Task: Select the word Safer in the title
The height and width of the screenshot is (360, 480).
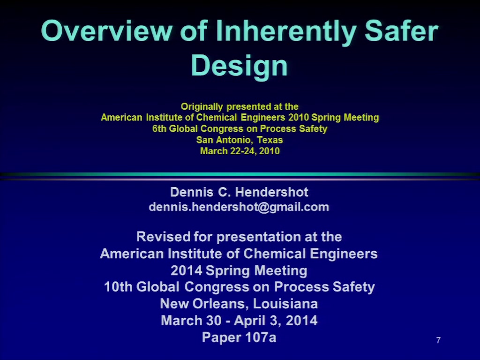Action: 402,30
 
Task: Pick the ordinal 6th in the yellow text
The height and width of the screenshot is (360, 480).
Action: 159,128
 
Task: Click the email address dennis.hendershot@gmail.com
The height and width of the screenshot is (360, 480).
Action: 239,207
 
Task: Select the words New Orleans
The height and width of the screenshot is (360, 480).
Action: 205,304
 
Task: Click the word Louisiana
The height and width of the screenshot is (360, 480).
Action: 285,304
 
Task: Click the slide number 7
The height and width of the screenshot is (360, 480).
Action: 438,340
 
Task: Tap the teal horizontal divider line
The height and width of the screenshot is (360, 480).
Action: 240,174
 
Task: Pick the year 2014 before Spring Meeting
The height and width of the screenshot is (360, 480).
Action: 187,270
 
